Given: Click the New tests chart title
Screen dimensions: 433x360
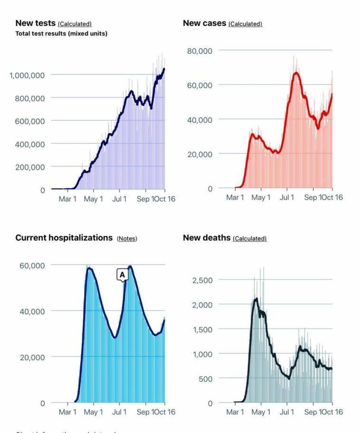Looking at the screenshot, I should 36,23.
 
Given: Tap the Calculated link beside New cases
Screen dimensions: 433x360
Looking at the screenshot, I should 245,24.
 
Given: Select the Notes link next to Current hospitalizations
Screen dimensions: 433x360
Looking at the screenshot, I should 127,239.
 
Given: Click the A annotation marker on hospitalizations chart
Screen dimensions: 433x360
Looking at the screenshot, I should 122,275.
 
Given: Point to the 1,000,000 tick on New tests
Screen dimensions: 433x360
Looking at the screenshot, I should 27,75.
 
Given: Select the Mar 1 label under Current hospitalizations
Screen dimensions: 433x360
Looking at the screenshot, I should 67,412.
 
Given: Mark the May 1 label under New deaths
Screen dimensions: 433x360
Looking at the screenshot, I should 260,412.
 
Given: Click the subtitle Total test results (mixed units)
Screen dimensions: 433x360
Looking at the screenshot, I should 61,34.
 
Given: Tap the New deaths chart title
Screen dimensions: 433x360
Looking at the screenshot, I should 207,238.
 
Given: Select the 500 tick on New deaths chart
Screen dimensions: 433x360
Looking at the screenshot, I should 206,378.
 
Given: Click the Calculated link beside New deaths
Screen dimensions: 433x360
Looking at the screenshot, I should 249,239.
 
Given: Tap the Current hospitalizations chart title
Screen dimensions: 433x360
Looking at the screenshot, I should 64,238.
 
